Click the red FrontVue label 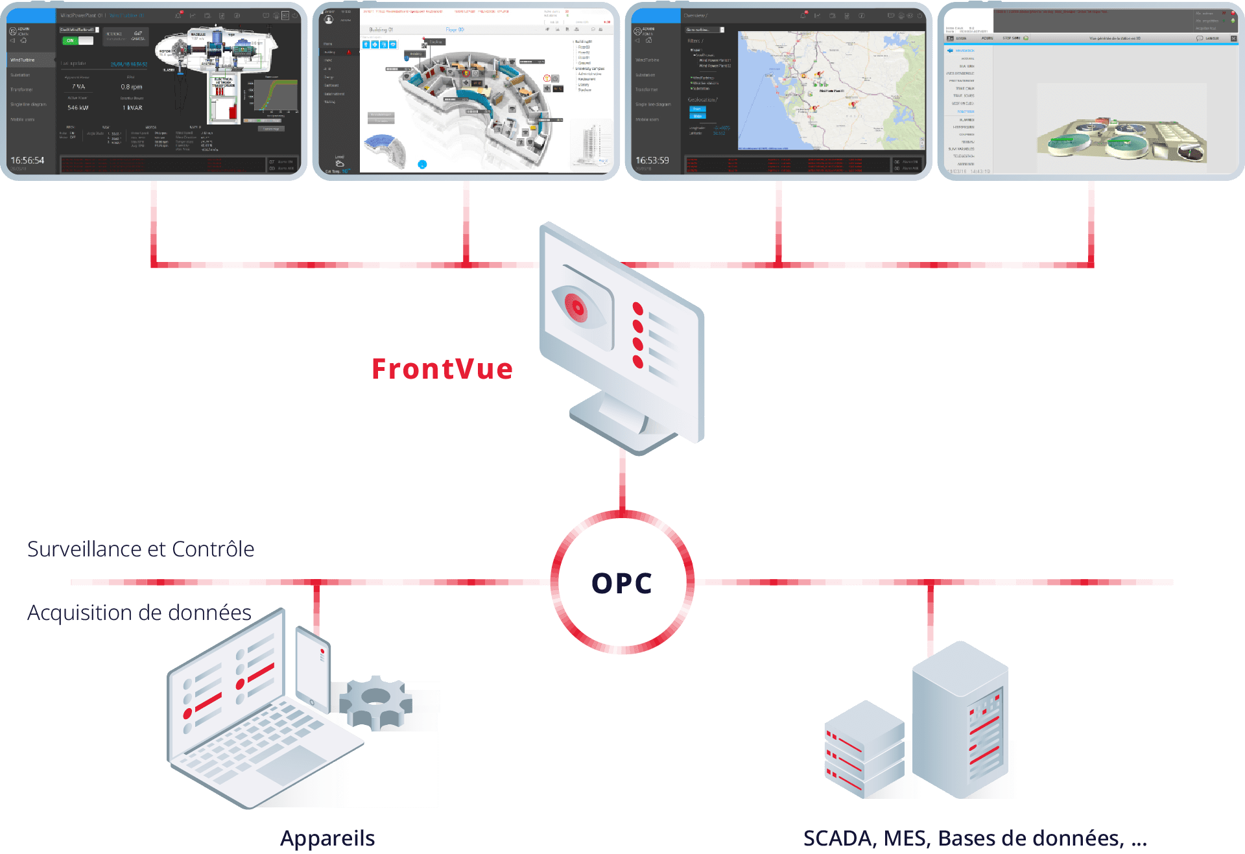442,369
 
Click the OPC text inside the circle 622,583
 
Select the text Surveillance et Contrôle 141,549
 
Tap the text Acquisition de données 139,613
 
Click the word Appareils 327,838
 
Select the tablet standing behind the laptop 313,668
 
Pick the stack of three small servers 864,749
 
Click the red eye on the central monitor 576,306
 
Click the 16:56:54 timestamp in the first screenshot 27,160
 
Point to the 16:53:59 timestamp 652,160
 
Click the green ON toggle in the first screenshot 71,40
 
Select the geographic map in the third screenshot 831,91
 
